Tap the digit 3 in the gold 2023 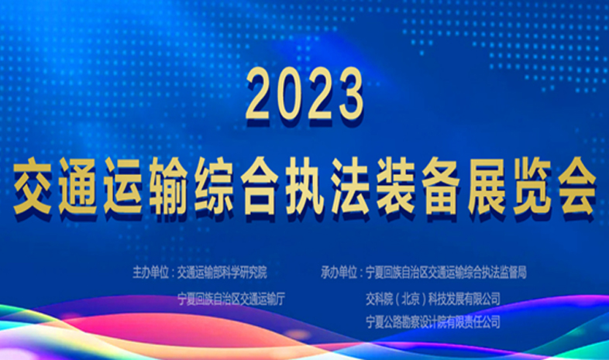[x=349, y=94]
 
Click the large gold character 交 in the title [x=33, y=187]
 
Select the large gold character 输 [x=169, y=187]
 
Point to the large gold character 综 [x=214, y=187]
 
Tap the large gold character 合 [x=260, y=187]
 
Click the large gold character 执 [x=305, y=187]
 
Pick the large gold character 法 [x=350, y=187]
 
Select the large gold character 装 [x=396, y=187]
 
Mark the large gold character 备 [x=441, y=187]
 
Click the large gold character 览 [x=532, y=187]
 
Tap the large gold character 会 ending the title [x=577, y=187]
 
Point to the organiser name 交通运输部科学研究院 [x=222, y=273]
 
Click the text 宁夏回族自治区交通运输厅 [x=232, y=299]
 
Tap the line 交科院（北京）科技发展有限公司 [x=432, y=299]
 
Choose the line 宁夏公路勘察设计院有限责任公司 [x=432, y=322]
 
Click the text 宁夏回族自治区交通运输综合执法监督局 [x=446, y=273]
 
